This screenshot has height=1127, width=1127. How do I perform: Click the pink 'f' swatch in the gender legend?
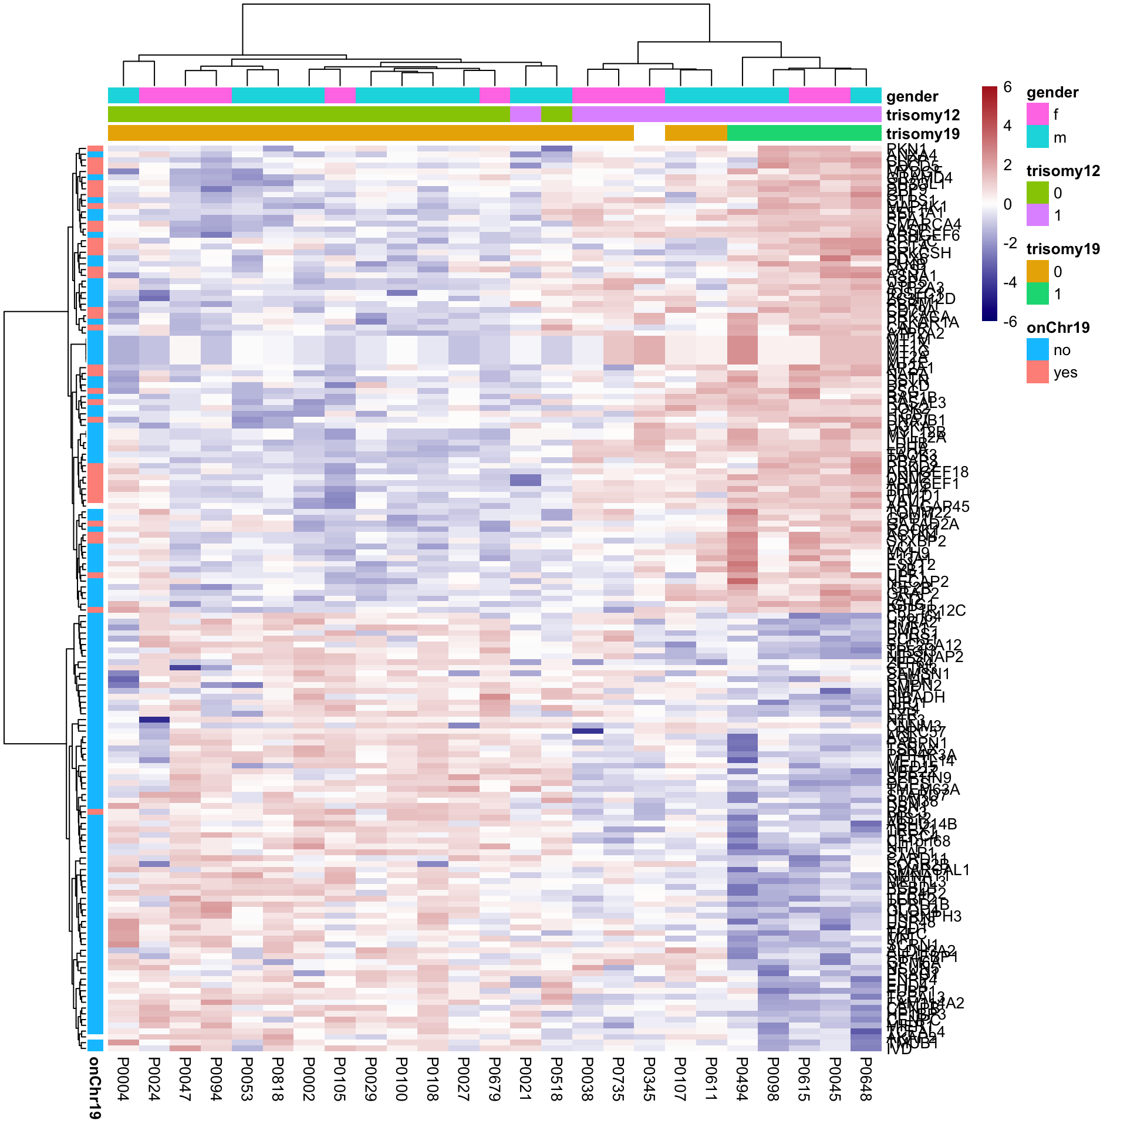(1038, 114)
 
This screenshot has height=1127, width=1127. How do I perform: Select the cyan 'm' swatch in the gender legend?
(1038, 137)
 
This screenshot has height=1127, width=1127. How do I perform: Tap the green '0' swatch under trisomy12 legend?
(1038, 193)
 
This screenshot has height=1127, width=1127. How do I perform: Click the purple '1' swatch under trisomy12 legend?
(1038, 215)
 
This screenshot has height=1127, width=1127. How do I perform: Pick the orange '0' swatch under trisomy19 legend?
(1038, 271)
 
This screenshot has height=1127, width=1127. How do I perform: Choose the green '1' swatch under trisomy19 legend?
(1038, 293)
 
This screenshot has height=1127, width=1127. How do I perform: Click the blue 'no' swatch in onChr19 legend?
(1038, 350)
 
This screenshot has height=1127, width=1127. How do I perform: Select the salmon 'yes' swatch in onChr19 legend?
(1038, 372)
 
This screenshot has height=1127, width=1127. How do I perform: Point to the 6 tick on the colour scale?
(1007, 87)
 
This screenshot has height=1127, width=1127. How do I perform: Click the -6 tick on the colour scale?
(1009, 321)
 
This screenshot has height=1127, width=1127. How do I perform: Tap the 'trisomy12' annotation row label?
(923, 115)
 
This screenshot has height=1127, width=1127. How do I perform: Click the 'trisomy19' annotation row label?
(923, 134)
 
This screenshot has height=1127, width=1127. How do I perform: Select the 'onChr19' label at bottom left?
(95, 1087)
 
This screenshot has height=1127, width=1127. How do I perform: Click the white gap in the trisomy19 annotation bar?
(649, 133)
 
